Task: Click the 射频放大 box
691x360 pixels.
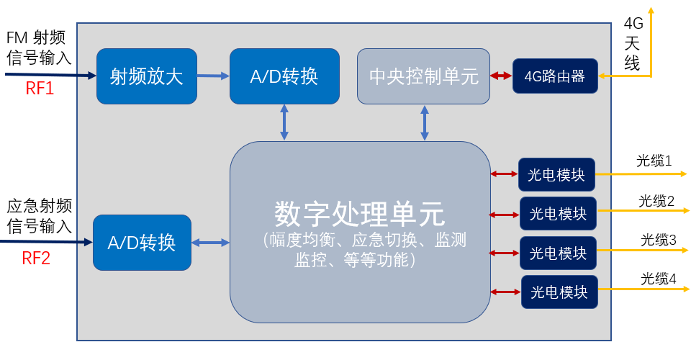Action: pos(147,76)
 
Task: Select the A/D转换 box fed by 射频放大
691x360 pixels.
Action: pos(284,76)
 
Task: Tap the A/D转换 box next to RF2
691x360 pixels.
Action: pos(142,243)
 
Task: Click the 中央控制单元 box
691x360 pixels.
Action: pos(423,76)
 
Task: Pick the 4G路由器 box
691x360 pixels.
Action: pos(554,76)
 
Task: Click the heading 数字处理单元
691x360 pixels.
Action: pos(359,213)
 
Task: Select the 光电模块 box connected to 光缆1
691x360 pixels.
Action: pos(556,174)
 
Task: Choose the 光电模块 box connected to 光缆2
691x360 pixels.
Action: pos(558,214)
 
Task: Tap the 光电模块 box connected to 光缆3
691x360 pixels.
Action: pos(558,253)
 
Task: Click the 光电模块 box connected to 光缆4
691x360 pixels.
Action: pos(559,292)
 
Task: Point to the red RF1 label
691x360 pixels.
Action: pos(40,90)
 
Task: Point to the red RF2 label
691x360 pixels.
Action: pos(36,258)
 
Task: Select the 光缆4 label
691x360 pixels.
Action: pos(658,279)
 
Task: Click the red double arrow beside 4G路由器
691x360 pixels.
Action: pos(501,76)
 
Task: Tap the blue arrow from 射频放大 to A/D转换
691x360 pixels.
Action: pos(213,75)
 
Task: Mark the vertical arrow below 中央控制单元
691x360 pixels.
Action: pos(425,122)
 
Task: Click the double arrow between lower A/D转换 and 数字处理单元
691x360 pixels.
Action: pos(210,243)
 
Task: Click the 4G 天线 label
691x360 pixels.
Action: pos(632,43)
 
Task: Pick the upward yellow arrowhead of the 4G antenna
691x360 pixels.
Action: pos(651,10)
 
